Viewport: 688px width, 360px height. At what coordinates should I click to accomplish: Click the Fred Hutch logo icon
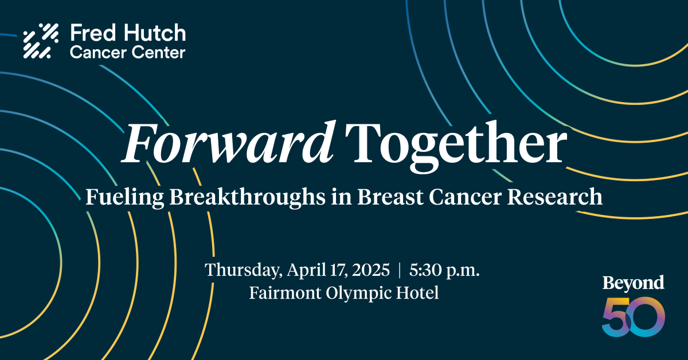(41, 41)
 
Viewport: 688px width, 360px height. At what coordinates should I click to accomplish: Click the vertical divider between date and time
(400, 270)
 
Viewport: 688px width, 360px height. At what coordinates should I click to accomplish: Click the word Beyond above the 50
(633, 283)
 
